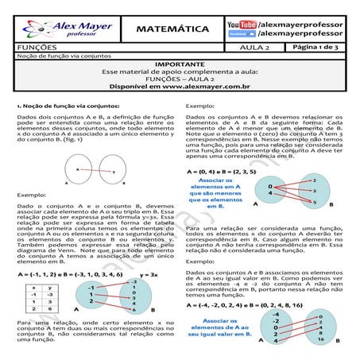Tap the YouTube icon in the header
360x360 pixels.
coord(242,25)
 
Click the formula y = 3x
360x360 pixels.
coord(157,273)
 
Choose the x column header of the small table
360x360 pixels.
coord(34,287)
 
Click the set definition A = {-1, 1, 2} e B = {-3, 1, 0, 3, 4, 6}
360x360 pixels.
coord(68,273)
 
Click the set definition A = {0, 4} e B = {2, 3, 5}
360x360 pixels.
coord(223,172)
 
